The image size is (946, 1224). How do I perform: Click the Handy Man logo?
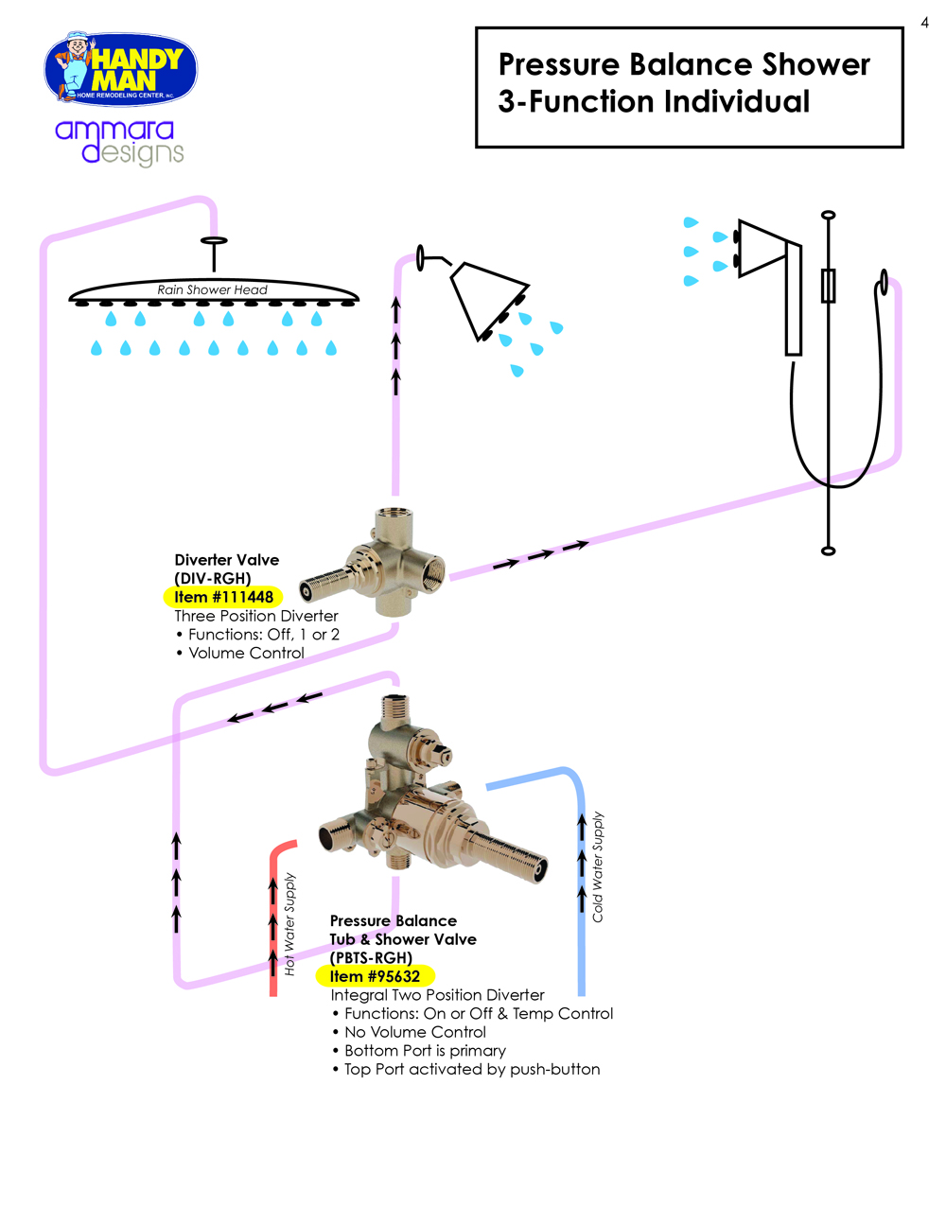(120, 69)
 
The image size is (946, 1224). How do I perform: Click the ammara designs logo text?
(118, 142)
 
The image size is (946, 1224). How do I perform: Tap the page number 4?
(924, 23)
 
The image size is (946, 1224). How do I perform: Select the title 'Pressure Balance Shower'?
(683, 64)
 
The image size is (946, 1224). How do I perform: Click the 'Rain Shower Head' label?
(212, 289)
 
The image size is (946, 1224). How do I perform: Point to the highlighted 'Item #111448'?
(223, 597)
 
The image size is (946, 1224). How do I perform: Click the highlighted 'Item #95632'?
(375, 976)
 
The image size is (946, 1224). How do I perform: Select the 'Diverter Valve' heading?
(227, 560)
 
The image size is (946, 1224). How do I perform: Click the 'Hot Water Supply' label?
(290, 924)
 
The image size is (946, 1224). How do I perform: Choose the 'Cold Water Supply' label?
(598, 866)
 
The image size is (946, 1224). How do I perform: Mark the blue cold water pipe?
(581, 946)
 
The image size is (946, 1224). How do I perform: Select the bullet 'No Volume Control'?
(414, 1032)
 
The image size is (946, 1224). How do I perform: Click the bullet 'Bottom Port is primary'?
(425, 1051)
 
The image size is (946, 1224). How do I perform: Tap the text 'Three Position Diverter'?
(256, 616)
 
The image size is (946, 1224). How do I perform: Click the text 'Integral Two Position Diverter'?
(437, 995)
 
